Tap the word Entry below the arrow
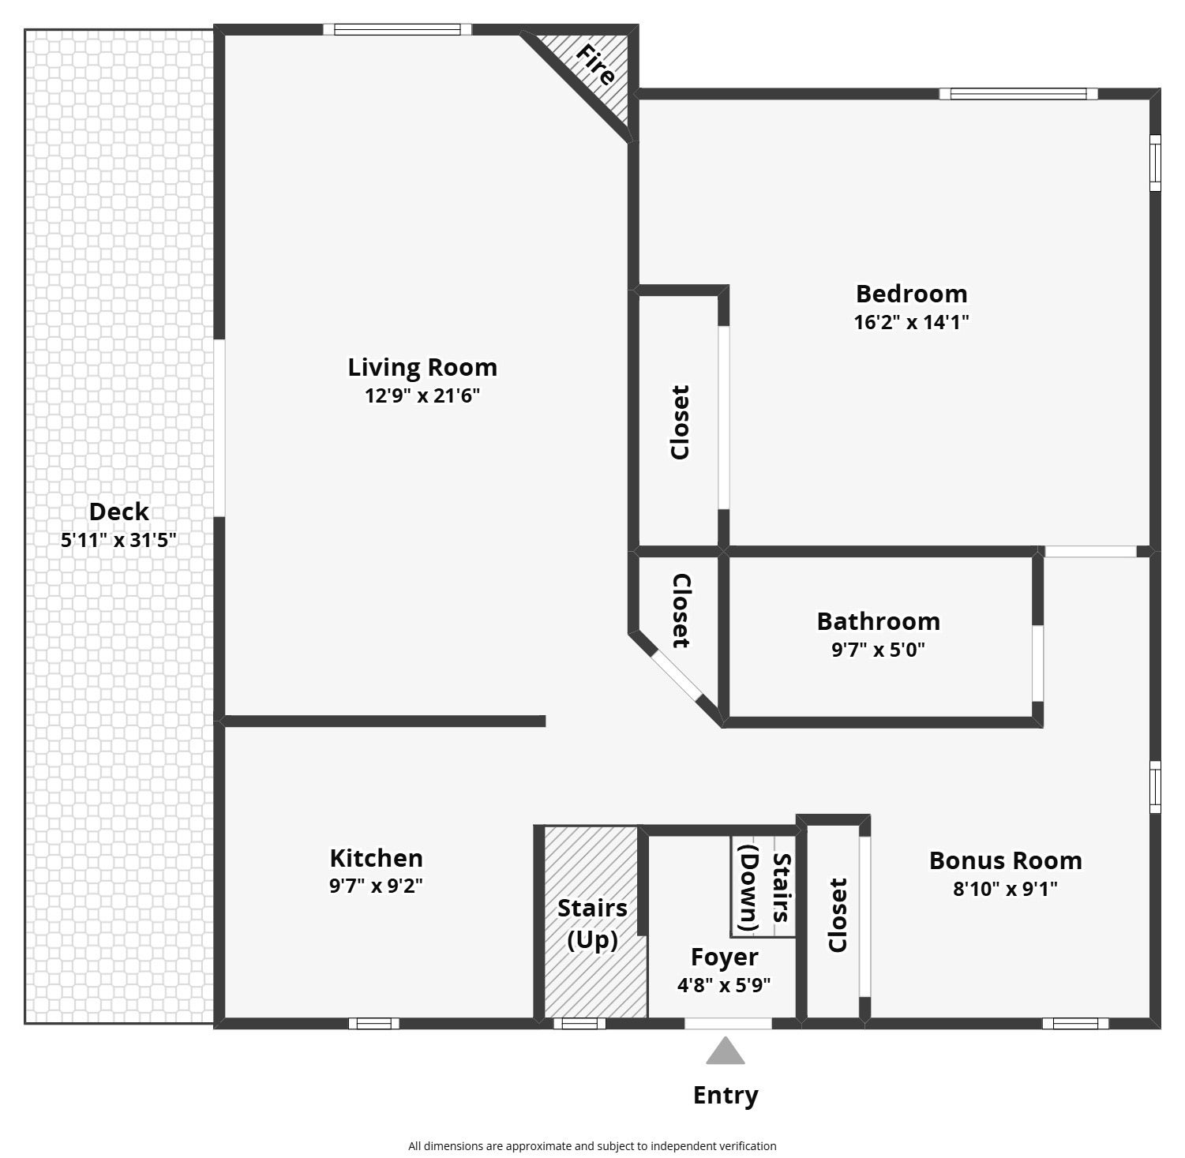point(726,1096)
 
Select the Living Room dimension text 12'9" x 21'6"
point(422,395)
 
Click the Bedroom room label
point(912,294)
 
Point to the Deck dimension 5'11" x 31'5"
point(118,541)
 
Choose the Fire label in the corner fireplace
point(596,65)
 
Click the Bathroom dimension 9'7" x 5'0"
point(878,650)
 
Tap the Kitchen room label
point(376,858)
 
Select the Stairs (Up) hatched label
point(592,924)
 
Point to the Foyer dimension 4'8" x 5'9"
point(724,986)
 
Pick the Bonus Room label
point(1005,860)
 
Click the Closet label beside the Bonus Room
point(837,916)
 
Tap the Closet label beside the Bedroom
point(680,422)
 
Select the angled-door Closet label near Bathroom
point(681,611)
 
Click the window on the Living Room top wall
point(397,30)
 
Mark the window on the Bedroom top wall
point(1018,94)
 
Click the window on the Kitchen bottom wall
point(374,1024)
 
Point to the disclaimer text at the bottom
point(592,1145)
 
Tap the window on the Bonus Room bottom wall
point(1075,1024)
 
